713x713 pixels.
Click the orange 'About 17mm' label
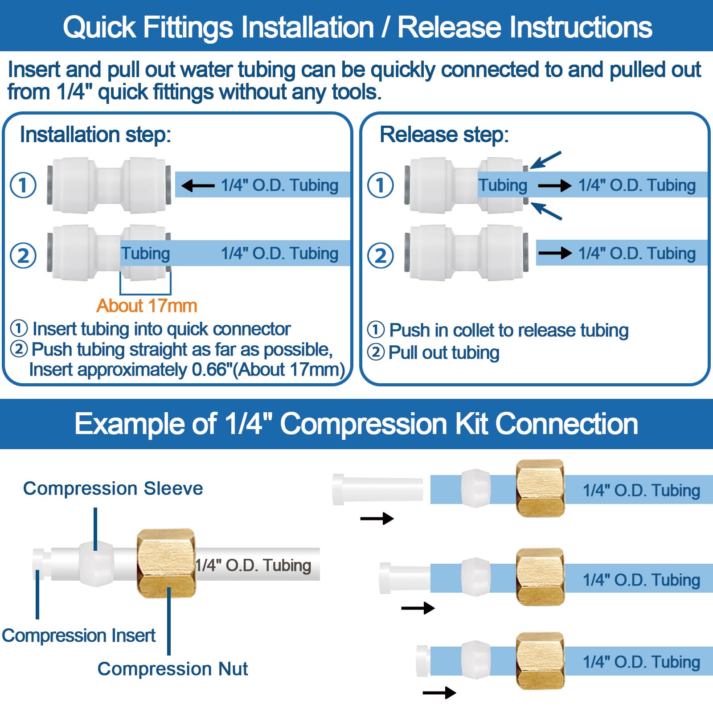click(x=147, y=306)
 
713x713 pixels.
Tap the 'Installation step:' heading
click(x=95, y=135)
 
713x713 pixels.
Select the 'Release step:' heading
click(x=444, y=135)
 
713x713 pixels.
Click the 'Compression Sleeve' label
click(x=113, y=488)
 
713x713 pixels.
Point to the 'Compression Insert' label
click(x=78, y=635)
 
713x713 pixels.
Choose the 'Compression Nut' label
click(x=172, y=669)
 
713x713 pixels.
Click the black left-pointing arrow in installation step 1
click(x=198, y=185)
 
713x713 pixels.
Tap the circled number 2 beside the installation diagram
click(x=23, y=255)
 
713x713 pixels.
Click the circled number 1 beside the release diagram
click(x=380, y=185)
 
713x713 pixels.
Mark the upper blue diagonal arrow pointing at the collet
click(x=546, y=160)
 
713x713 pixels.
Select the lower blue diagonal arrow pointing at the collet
click(x=546, y=211)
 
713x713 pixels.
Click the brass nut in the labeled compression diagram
click(x=166, y=563)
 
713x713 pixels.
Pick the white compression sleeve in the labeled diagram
click(x=95, y=563)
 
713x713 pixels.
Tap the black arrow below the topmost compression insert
click(x=377, y=518)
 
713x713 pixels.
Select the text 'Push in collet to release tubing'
click(x=508, y=330)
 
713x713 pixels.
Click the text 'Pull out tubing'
click(x=443, y=352)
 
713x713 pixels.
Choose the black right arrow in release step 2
click(x=555, y=253)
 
